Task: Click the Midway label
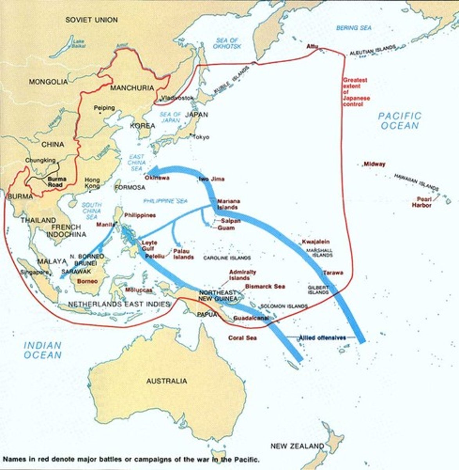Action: [374, 164]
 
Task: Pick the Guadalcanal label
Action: [250, 318]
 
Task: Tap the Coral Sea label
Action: [243, 338]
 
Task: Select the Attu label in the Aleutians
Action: [312, 47]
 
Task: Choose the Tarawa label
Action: [333, 272]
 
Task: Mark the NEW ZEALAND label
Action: [297, 446]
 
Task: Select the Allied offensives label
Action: [322, 337]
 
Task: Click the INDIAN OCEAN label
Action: [43, 350]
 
